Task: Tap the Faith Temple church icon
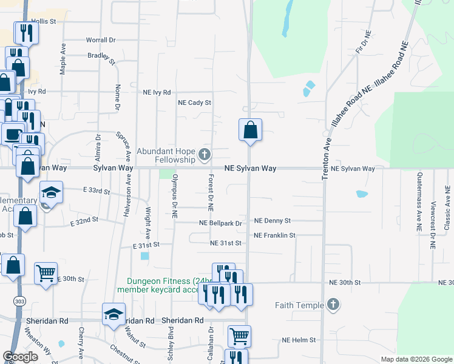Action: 333,305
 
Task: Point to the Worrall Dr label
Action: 100,40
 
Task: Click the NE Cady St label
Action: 194,103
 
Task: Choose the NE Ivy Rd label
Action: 157,93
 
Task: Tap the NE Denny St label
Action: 273,221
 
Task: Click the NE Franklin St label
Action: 274,235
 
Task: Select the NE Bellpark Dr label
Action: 221,223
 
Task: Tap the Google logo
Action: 20,357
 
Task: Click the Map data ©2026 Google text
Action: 416,359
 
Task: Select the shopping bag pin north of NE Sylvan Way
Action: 250,129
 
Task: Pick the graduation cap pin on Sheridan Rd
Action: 113,314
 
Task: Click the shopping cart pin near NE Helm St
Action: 240,335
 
